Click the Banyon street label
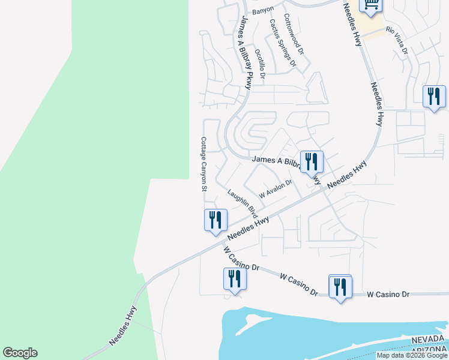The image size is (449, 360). click(x=263, y=10)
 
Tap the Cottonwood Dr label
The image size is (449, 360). click(x=294, y=35)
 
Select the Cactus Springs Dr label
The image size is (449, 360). click(x=283, y=43)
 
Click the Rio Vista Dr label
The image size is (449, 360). click(x=397, y=41)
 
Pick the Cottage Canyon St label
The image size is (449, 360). click(x=203, y=164)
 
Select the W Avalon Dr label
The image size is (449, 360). click(x=275, y=189)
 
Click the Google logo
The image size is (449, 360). click(x=20, y=353)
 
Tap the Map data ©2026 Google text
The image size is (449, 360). click(x=412, y=355)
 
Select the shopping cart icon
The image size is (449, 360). click(x=370, y=5)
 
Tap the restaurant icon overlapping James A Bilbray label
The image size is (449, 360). click(x=311, y=162)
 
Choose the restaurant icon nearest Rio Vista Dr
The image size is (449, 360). click(x=433, y=97)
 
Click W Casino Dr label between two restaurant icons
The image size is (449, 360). click(x=298, y=284)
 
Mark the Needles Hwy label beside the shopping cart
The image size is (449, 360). click(x=352, y=24)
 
